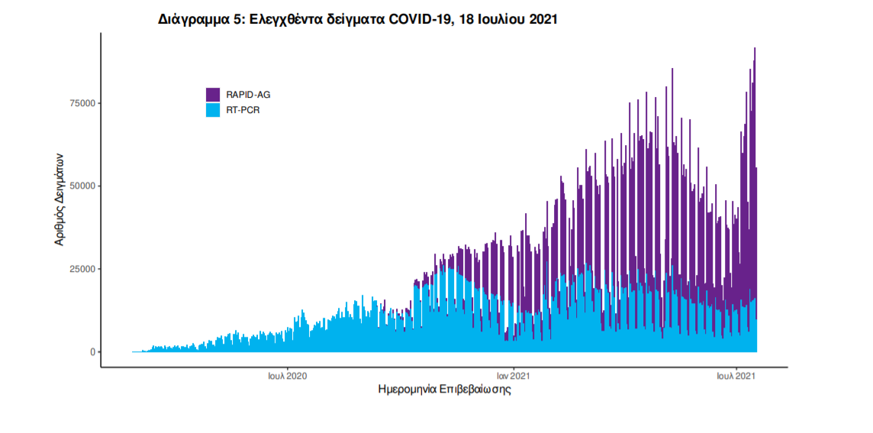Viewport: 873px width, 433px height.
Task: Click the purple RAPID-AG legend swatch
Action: tap(213, 95)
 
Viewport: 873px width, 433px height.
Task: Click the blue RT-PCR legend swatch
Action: tap(213, 110)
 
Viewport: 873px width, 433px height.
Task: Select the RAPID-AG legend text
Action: tap(248, 95)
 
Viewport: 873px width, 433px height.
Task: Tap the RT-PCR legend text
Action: tap(243, 110)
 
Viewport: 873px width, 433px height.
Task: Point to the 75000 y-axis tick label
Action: tap(81, 103)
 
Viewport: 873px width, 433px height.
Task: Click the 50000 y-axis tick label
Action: tap(81, 186)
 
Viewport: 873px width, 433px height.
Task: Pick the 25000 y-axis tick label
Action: tap(81, 269)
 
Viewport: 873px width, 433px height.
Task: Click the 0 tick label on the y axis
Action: tap(92, 352)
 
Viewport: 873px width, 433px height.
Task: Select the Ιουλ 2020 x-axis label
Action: tap(288, 376)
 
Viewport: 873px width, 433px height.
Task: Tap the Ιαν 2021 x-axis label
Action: tap(514, 376)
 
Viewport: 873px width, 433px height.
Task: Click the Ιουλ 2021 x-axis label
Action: tap(736, 376)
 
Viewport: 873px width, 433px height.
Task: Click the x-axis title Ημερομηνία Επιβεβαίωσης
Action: tap(444, 389)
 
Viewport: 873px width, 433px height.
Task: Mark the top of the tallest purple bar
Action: tap(755, 48)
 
